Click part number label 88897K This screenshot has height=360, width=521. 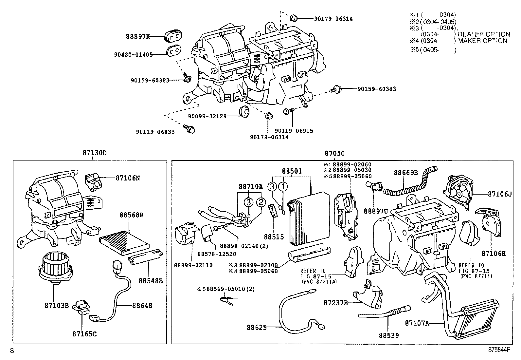click(138, 37)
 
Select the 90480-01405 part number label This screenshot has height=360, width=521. click(133, 55)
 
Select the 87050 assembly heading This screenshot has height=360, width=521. click(334, 153)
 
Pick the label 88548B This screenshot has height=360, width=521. click(150, 281)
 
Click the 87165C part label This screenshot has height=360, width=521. click(84, 334)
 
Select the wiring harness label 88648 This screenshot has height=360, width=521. click(142, 305)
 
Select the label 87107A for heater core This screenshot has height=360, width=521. click(417, 323)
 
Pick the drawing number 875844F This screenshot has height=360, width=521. click(499, 350)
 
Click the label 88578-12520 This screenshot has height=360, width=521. click(212, 254)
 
